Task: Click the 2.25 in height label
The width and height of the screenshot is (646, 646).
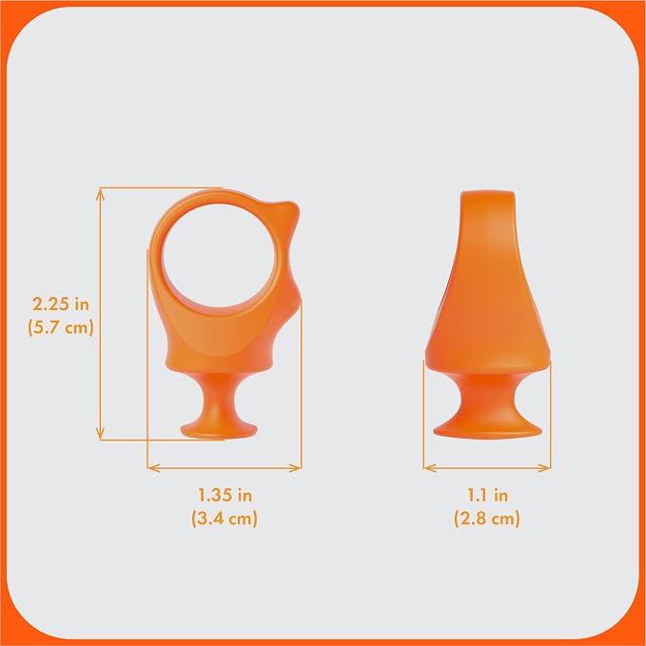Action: point(61,304)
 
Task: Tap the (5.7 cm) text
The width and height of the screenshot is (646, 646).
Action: point(61,328)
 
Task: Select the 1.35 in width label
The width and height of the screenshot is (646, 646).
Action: point(225,495)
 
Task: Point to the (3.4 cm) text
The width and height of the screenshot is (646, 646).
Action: point(225,519)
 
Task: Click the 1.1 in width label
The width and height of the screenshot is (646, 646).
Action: point(487,495)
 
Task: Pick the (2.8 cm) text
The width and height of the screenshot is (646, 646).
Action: point(487,519)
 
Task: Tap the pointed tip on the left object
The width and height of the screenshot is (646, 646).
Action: point(293,206)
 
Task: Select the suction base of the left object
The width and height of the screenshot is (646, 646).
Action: point(219,430)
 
